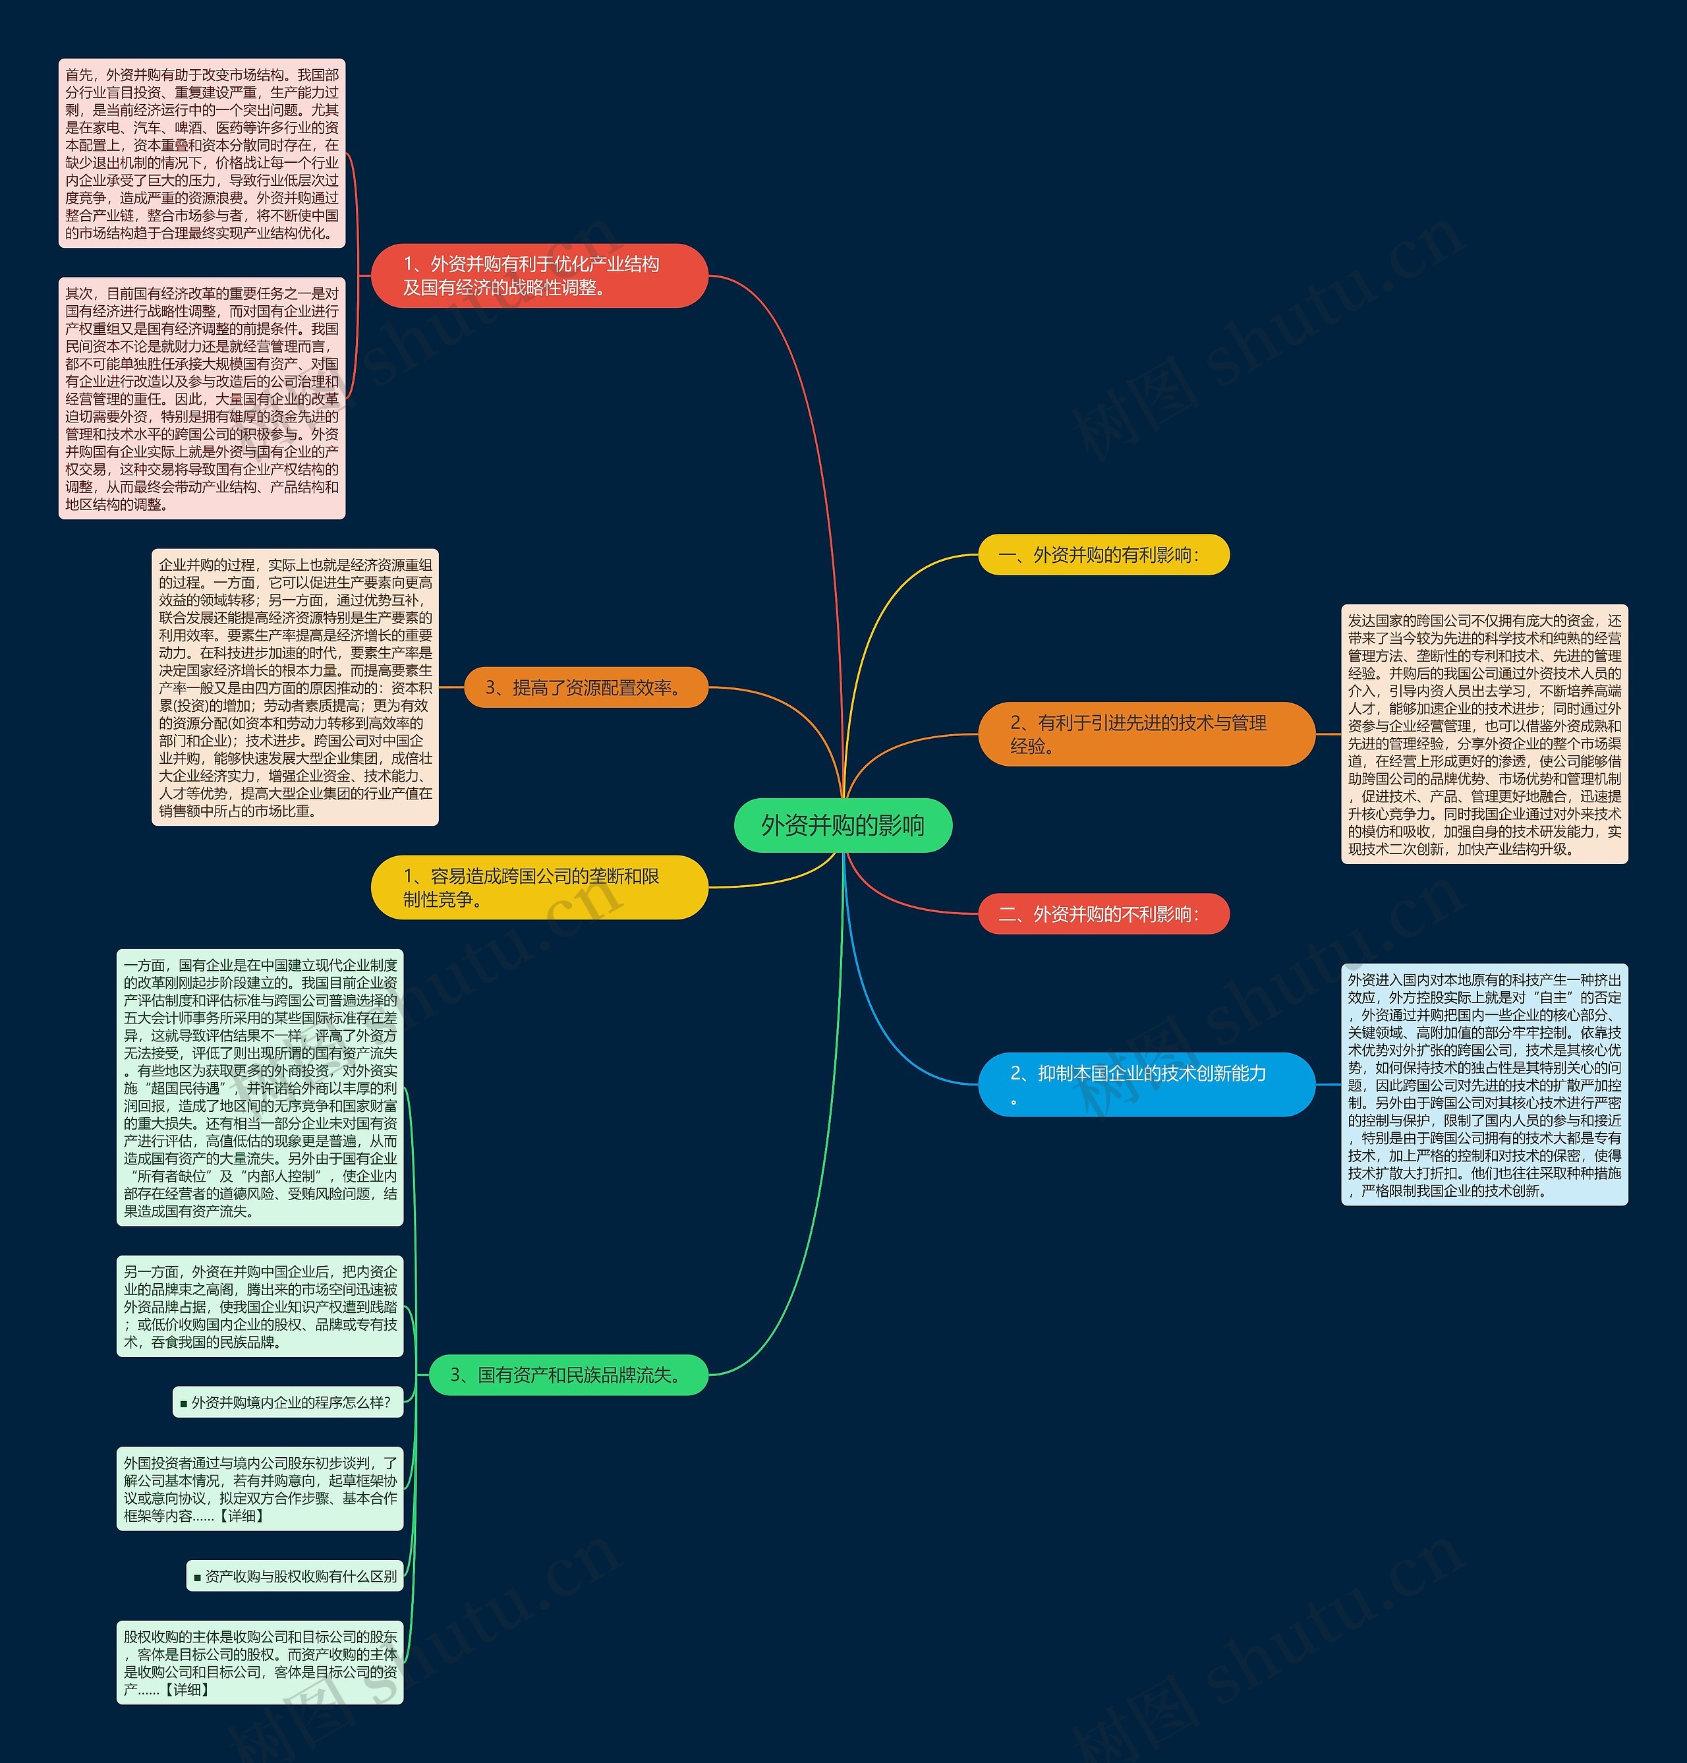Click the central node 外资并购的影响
(x=843, y=825)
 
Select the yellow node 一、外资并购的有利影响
(x=1102, y=555)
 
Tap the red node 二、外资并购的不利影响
(x=1102, y=914)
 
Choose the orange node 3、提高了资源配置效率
(x=585, y=688)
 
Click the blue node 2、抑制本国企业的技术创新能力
(x=1146, y=1084)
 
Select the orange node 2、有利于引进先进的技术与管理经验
(x=1146, y=734)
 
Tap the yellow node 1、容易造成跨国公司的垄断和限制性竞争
(x=540, y=887)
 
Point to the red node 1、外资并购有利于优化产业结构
(x=540, y=275)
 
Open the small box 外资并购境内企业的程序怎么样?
(x=288, y=1402)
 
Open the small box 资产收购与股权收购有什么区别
(x=295, y=1576)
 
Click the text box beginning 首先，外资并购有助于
(x=202, y=154)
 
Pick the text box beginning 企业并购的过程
(x=295, y=687)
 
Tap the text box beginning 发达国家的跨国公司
(x=1484, y=734)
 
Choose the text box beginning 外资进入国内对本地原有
(x=1484, y=1084)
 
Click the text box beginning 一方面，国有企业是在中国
(x=260, y=1087)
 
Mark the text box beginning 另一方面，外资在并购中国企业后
(x=260, y=1306)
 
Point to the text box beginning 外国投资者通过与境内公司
(x=260, y=1489)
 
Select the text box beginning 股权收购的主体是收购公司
(x=260, y=1662)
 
